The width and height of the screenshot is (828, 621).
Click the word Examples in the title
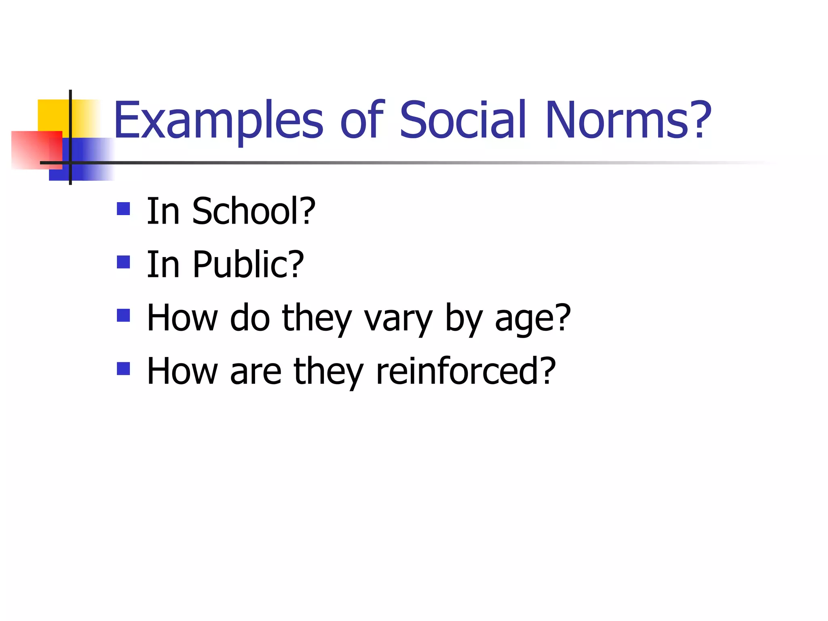(218, 120)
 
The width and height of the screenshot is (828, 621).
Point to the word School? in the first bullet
(253, 211)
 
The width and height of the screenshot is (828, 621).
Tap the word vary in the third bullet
(399, 319)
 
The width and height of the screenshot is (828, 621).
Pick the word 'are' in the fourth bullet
(256, 372)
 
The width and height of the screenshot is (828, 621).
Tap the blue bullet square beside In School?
(123, 209)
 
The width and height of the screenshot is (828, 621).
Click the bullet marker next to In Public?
(123, 262)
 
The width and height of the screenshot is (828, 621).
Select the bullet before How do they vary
(123, 315)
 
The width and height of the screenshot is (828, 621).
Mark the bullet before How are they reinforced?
(123, 369)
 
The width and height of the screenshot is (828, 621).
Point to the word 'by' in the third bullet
(463, 319)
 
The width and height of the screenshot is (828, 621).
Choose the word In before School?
(163, 211)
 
